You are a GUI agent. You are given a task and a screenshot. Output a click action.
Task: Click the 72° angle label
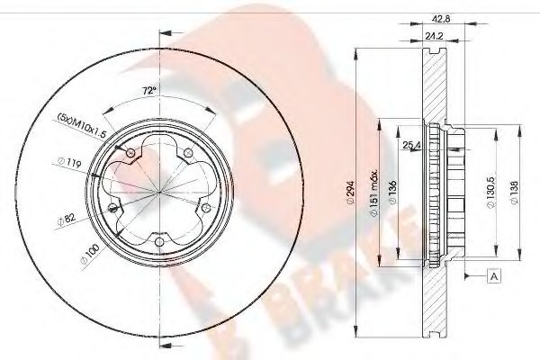point(150,90)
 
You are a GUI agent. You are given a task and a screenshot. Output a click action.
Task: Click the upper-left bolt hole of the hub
point(131,155)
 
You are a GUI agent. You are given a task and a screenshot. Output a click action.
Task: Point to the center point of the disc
point(159,192)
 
